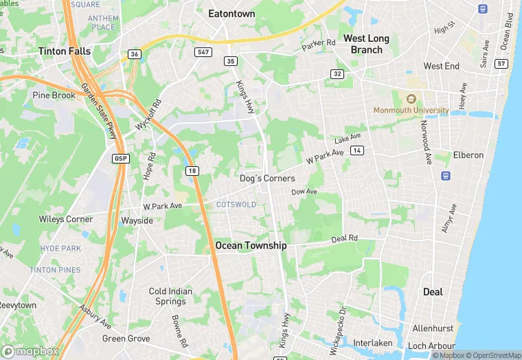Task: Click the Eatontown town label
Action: [x=231, y=14]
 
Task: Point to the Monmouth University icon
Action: [x=411, y=99]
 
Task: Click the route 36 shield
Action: [x=133, y=54]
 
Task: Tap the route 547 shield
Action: [x=203, y=52]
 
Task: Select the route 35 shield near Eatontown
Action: [x=230, y=61]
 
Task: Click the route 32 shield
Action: [x=337, y=74]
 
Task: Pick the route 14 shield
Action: [x=356, y=150]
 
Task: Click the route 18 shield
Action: [x=192, y=170]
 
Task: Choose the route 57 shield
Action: [x=501, y=63]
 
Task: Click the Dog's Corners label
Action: [x=267, y=178]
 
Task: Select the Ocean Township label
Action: [x=251, y=245]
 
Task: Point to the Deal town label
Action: [x=433, y=291]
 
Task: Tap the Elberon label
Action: [x=468, y=155]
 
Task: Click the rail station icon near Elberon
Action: [x=445, y=176]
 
